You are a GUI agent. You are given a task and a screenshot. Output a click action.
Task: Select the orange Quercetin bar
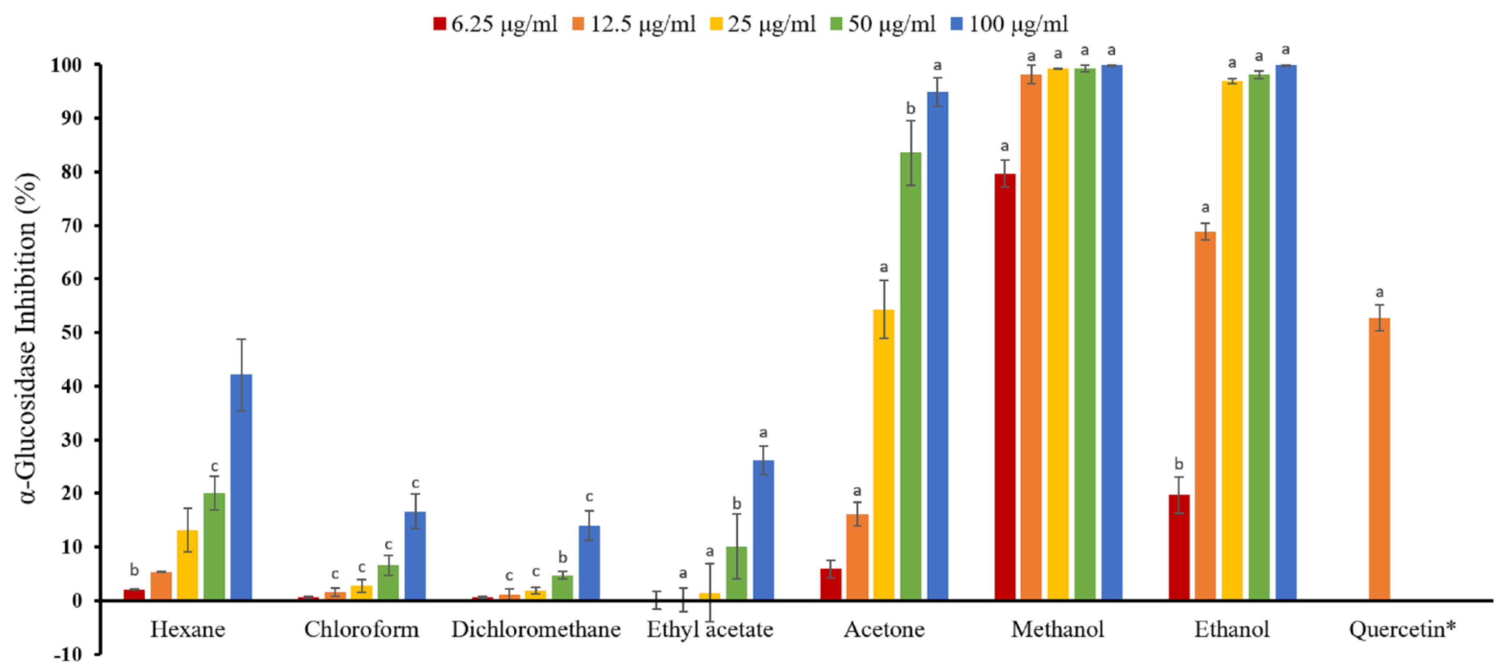click(x=1379, y=459)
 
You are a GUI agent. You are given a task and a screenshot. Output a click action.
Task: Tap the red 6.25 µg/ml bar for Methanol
click(x=1004, y=386)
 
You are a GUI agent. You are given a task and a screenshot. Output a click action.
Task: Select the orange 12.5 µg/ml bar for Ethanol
click(x=1205, y=415)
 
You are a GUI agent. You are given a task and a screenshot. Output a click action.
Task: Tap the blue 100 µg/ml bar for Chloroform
click(x=415, y=555)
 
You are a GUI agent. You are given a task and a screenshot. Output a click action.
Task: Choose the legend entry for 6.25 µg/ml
click(x=495, y=24)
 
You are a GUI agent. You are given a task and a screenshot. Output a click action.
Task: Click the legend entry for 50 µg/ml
click(x=883, y=24)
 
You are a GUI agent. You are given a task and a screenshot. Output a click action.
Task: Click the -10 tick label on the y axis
click(x=68, y=654)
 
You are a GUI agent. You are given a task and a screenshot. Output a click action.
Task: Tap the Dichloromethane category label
click(x=536, y=629)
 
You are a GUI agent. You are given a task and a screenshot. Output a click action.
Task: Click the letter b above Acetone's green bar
click(x=910, y=109)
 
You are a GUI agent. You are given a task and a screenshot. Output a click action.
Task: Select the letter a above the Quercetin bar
click(x=1379, y=292)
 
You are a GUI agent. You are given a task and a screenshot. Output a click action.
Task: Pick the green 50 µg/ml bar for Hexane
click(x=214, y=546)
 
